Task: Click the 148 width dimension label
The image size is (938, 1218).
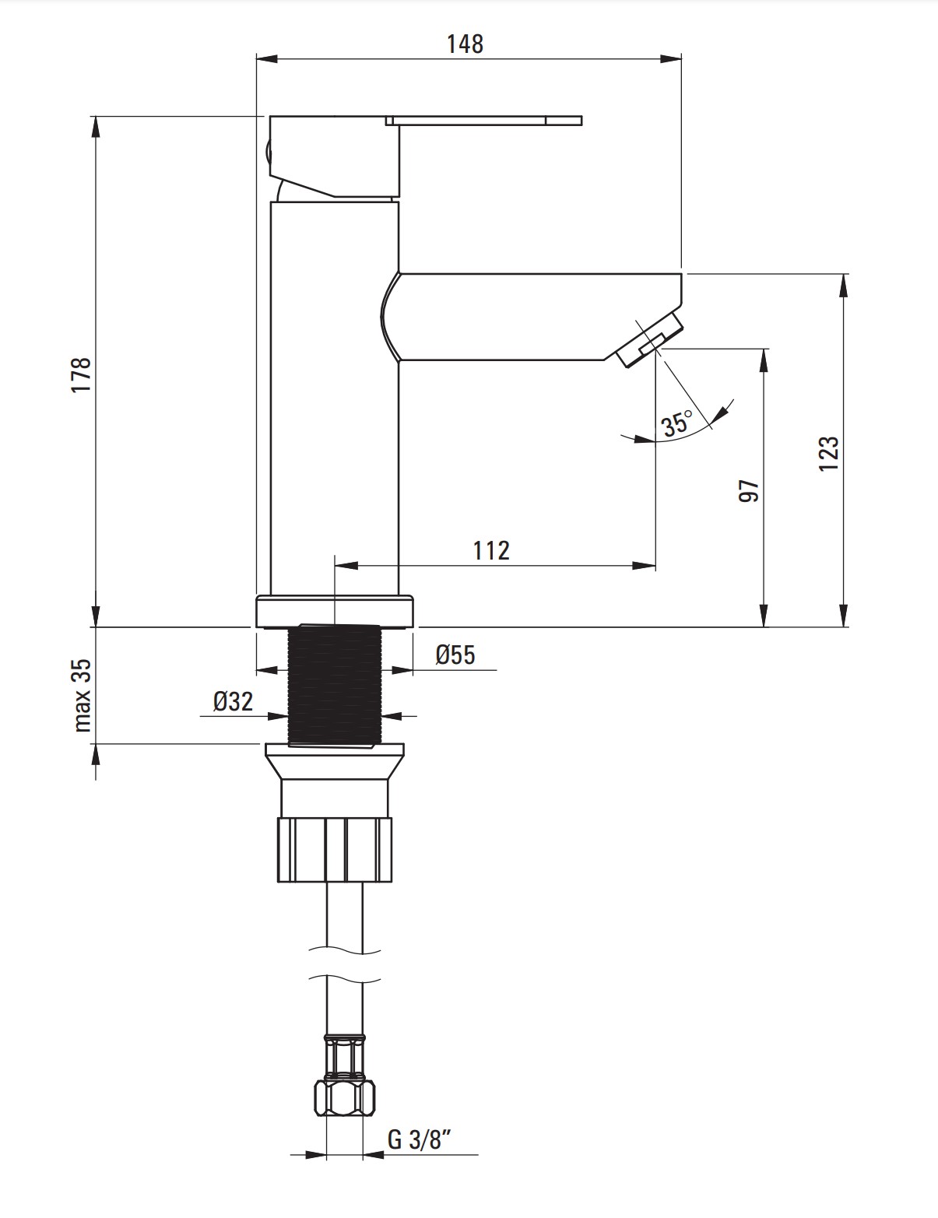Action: point(465,44)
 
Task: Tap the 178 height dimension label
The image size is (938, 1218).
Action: point(82,374)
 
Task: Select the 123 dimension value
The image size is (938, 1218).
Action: point(829,454)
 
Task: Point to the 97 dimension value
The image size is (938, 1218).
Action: point(749,490)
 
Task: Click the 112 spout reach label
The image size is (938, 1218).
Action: point(491,550)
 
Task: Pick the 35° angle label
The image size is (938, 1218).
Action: point(677,423)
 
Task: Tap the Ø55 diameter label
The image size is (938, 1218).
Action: point(455,654)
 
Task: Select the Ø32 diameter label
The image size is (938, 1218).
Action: point(233,701)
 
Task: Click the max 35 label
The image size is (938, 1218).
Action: point(82,695)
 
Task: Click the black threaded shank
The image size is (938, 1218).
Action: point(335,686)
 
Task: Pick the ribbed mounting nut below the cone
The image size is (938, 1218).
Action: point(335,849)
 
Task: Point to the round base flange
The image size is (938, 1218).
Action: point(335,611)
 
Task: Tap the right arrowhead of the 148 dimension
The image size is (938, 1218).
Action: point(671,58)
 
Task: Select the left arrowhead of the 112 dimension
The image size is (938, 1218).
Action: point(346,565)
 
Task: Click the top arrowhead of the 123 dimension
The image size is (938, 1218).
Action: point(845,286)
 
